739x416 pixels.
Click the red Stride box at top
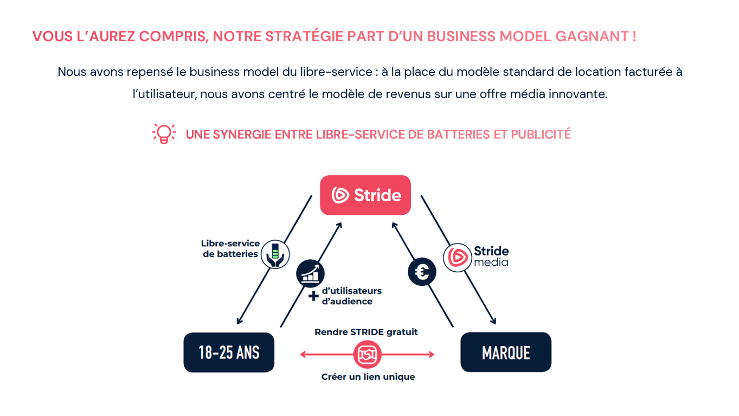(x=365, y=195)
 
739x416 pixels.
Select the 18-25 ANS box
(x=229, y=353)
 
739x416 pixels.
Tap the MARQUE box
(x=505, y=353)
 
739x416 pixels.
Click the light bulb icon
(x=163, y=133)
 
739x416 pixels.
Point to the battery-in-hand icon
(x=275, y=254)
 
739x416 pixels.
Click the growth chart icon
(x=310, y=273)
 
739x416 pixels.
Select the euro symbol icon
(x=422, y=271)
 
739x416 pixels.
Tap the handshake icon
(x=367, y=355)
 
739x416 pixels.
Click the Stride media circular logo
(x=457, y=257)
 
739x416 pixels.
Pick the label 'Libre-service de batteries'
(x=230, y=249)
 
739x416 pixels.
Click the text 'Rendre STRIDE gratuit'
(x=367, y=332)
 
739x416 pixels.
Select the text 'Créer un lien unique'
(x=368, y=377)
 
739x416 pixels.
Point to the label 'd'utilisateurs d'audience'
(x=351, y=296)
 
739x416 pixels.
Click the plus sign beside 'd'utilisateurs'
(x=313, y=296)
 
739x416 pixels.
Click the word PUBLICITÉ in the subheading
(x=541, y=134)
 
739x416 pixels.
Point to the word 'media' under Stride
(x=491, y=263)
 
